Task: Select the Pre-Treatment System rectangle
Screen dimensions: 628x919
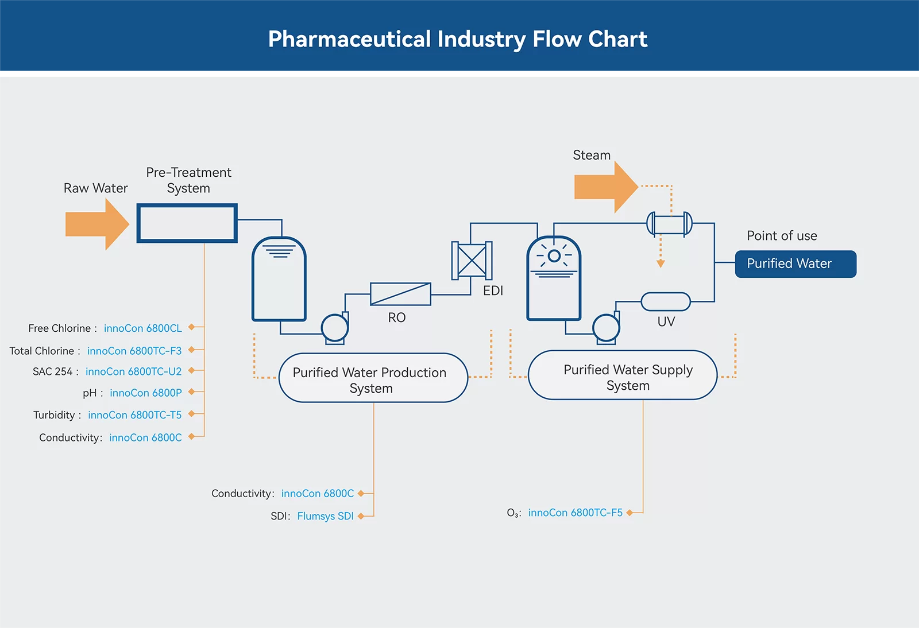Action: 187,223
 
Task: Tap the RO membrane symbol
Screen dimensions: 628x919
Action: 400,294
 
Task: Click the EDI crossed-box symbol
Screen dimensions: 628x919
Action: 472,261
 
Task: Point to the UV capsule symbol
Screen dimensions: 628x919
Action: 666,301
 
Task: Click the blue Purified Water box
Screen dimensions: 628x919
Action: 796,264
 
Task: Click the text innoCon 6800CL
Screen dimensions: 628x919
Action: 142,328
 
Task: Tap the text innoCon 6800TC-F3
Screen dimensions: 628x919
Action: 134,351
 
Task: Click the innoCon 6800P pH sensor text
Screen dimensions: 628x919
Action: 145,393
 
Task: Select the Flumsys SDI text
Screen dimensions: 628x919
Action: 325,516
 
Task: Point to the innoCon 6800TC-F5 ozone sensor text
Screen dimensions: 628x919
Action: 575,513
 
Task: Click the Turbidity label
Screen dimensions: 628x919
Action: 54,415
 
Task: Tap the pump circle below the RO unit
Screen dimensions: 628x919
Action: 334,328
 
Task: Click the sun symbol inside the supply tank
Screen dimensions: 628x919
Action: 554,256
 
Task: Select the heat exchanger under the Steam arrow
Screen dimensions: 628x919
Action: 669,224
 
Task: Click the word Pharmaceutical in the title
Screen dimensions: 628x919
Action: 349,39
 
